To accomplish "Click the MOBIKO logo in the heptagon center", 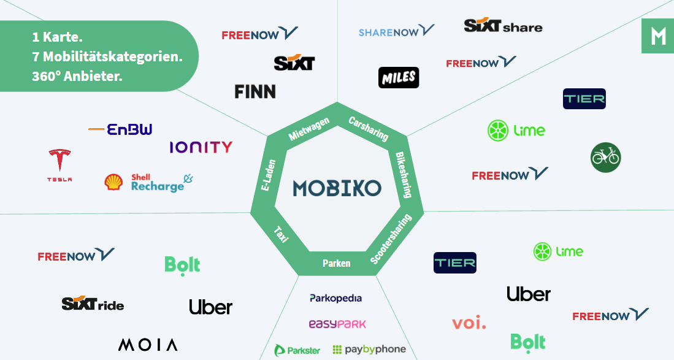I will [x=337, y=188].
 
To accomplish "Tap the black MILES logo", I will [x=399, y=78].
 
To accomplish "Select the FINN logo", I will [x=255, y=92].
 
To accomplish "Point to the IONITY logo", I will [x=201, y=147].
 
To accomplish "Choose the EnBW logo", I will [x=121, y=129].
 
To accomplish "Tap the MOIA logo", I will [x=148, y=345].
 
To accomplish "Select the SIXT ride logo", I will [x=93, y=304].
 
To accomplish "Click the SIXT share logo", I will [x=503, y=26].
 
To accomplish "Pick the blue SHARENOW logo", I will [x=396, y=31].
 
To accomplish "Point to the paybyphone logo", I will [x=369, y=350].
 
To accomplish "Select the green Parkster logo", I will [x=297, y=350].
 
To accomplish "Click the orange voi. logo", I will [x=469, y=322].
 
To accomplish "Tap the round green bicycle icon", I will [x=605, y=157].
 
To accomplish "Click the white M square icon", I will [x=657, y=36].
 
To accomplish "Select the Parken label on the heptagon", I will [x=337, y=264].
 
